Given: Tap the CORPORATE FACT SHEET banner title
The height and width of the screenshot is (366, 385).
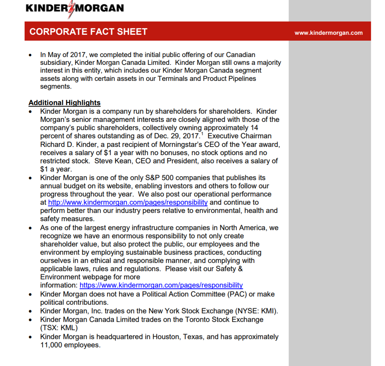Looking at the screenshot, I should (88, 32).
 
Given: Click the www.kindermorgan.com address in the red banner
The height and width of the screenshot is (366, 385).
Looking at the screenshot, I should (328, 33).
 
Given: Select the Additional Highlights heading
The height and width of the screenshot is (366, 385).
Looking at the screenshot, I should (64, 103).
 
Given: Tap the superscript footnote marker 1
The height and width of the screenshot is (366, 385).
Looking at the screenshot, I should (202, 134).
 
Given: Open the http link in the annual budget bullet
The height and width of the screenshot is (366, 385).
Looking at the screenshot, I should (128, 202).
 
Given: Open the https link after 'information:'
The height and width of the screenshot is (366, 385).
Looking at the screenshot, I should (161, 285).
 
